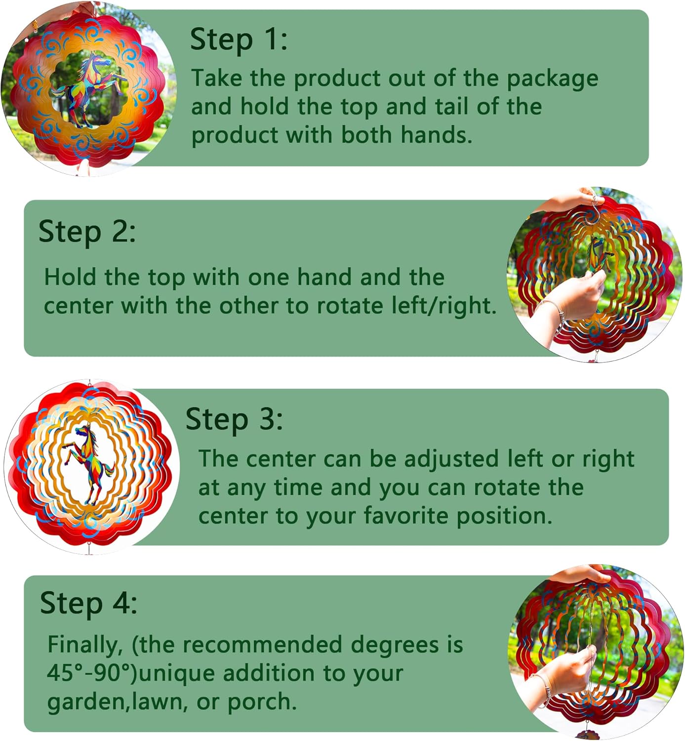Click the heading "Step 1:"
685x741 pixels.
[x=239, y=40]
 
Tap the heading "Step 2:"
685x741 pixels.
[x=87, y=231]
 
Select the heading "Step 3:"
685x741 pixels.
[x=234, y=419]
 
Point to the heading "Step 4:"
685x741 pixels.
[x=88, y=603]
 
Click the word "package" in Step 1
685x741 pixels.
[x=552, y=79]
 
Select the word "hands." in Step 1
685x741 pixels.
[x=436, y=134]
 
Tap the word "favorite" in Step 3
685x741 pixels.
[x=406, y=516]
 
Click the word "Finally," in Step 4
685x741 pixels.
[x=84, y=645]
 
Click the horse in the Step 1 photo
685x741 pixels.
[x=88, y=90]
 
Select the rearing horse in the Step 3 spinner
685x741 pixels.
[x=88, y=464]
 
